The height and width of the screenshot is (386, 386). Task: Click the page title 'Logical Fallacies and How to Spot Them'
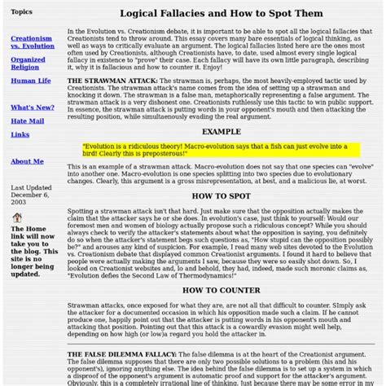pyautogui.click(x=222, y=14)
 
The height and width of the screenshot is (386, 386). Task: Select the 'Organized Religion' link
pyautogui.click(x=28, y=64)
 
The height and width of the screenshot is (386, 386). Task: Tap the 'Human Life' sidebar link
pyautogui.click(x=30, y=81)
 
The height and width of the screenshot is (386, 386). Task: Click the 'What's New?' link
pyautogui.click(x=33, y=107)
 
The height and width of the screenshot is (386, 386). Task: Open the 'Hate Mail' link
pyautogui.click(x=26, y=121)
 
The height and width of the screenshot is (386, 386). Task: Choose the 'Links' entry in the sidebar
pyautogui.click(x=20, y=134)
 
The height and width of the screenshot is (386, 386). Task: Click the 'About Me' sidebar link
pyautogui.click(x=27, y=161)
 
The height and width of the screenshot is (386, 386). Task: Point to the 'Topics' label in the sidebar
pyautogui.click(x=22, y=12)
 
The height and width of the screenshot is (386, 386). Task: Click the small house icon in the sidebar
pyautogui.click(x=17, y=217)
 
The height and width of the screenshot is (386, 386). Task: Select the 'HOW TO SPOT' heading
pyautogui.click(x=222, y=196)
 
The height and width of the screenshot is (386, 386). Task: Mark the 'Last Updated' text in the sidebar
pyautogui.click(x=29, y=188)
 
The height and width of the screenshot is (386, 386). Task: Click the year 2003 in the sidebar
pyautogui.click(x=19, y=204)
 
